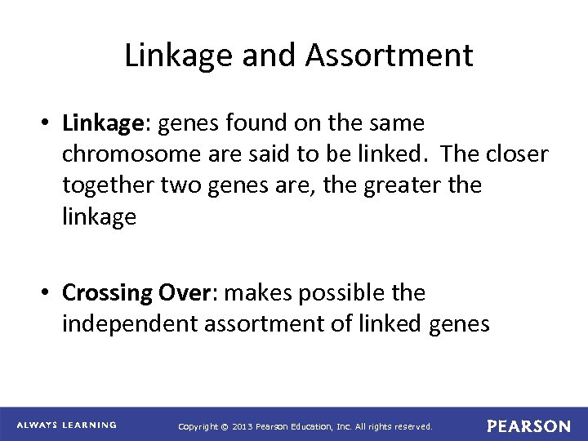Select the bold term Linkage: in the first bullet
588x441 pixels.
click(109, 124)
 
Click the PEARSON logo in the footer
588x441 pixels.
click(528, 425)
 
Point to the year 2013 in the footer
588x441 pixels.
click(247, 426)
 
